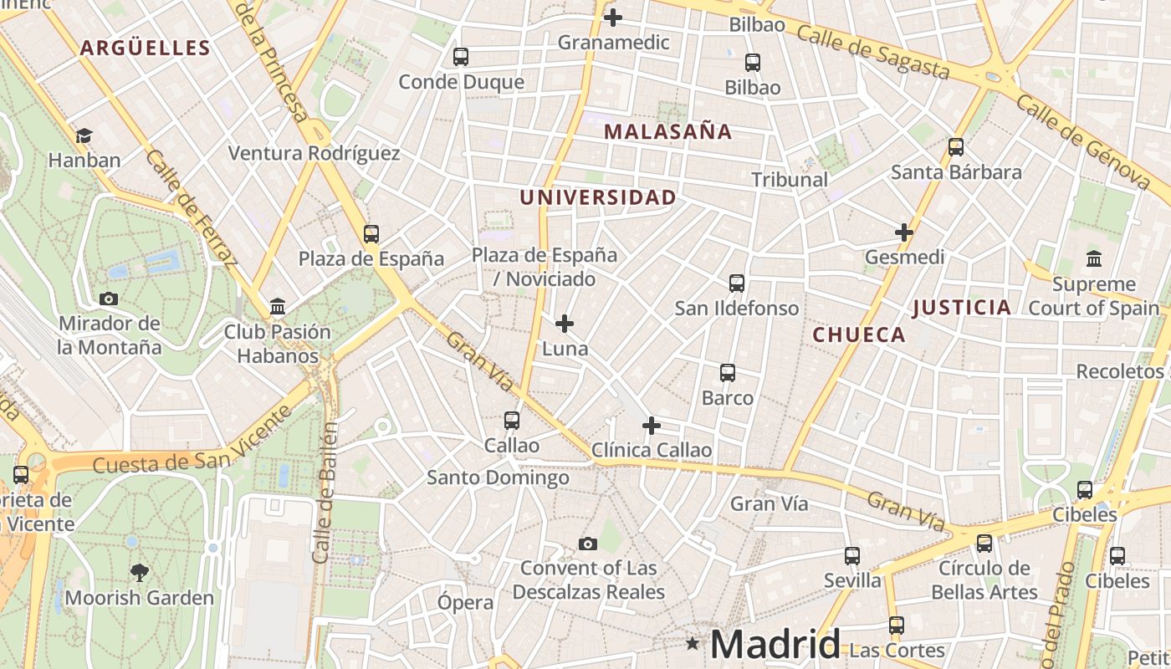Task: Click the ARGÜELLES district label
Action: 145,48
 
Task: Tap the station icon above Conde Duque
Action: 461,57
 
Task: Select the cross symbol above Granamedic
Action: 613,17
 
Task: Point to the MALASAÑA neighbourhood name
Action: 667,131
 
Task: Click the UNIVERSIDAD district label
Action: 598,197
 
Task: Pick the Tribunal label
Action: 789,179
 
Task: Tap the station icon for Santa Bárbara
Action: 956,147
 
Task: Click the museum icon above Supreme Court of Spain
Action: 1093,258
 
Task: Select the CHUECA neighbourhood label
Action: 859,334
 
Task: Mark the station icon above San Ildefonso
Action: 737,283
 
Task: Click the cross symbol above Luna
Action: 565,323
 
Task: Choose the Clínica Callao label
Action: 652,450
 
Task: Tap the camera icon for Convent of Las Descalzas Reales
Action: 588,544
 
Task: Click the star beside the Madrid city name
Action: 693,643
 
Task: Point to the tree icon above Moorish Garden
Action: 140,573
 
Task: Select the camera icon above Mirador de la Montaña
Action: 109,299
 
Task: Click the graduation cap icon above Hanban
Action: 84,135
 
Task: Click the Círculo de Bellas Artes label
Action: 984,580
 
